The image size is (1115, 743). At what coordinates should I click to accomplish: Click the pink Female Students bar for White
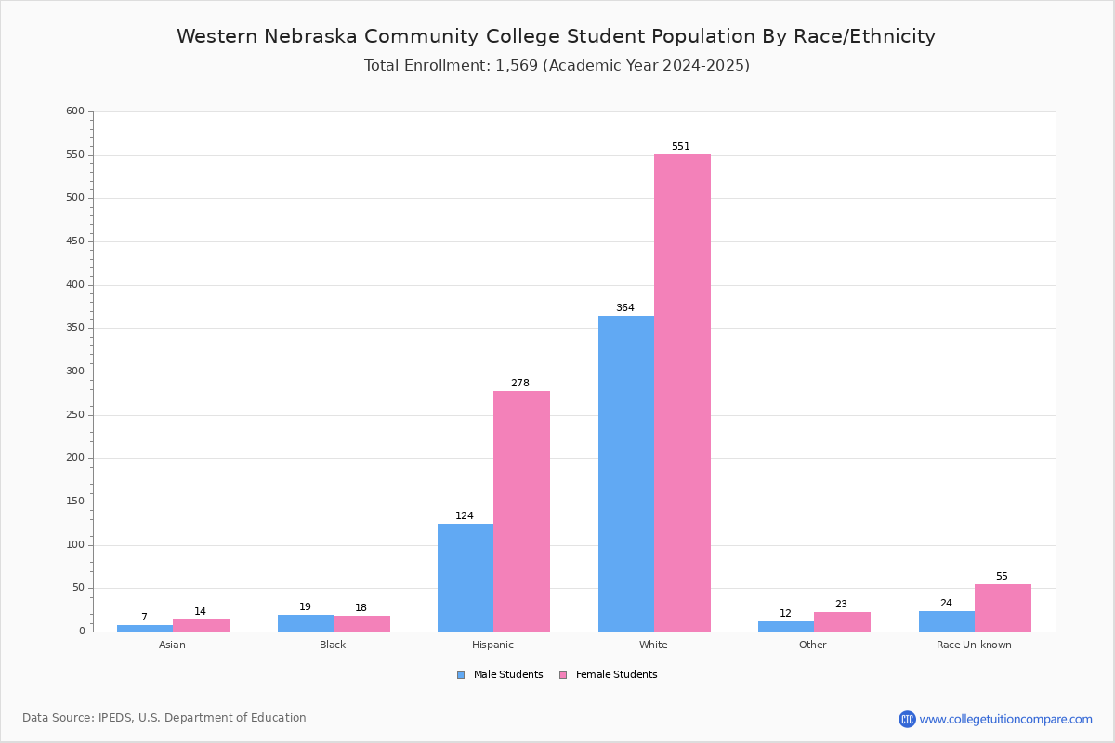(682, 393)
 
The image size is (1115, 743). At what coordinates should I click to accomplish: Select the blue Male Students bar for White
(626, 474)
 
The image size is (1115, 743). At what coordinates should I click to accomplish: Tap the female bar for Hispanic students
(521, 512)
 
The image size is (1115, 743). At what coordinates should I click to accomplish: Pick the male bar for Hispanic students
(466, 578)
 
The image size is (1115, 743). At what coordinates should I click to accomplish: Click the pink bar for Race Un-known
(1003, 608)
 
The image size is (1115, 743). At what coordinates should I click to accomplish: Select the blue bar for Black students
(306, 623)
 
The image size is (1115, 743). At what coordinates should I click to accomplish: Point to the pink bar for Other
(842, 622)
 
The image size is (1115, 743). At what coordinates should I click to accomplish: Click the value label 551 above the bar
(680, 146)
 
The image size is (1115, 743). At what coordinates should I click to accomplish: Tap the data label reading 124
(465, 515)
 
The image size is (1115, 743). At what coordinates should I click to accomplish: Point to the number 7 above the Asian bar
(144, 617)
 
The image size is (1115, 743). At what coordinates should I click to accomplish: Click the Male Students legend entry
(500, 675)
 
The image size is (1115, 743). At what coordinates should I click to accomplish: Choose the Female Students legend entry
(609, 675)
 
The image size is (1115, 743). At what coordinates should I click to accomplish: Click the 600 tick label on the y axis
(75, 111)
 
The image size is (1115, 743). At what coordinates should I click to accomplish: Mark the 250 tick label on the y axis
(75, 414)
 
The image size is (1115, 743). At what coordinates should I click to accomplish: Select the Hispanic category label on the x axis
(492, 645)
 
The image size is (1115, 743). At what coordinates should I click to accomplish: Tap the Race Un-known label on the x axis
(974, 645)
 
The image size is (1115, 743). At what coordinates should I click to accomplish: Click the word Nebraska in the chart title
(310, 36)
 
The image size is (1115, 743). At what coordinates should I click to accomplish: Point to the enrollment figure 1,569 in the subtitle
(517, 66)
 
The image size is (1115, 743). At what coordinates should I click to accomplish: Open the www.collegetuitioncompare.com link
(1005, 719)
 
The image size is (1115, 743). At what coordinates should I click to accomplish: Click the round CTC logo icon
(907, 719)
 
